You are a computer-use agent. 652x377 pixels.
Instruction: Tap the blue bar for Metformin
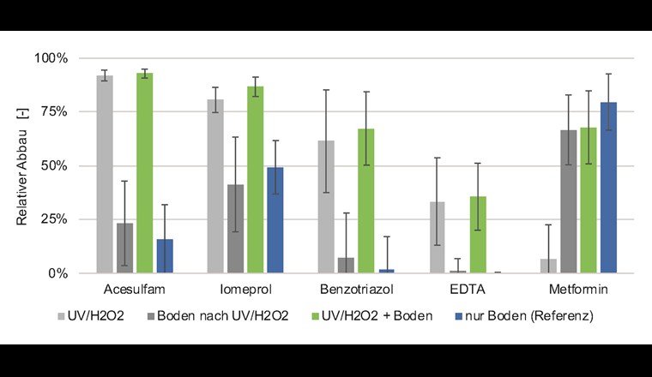608,188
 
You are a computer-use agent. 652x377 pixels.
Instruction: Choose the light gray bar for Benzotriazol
326,206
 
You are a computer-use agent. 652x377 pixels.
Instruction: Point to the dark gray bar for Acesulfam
125,248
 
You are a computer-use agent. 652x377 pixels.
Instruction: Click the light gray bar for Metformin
547,266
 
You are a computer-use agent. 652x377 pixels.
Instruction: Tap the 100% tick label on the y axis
51,58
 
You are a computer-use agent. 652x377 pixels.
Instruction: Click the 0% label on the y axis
57,273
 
